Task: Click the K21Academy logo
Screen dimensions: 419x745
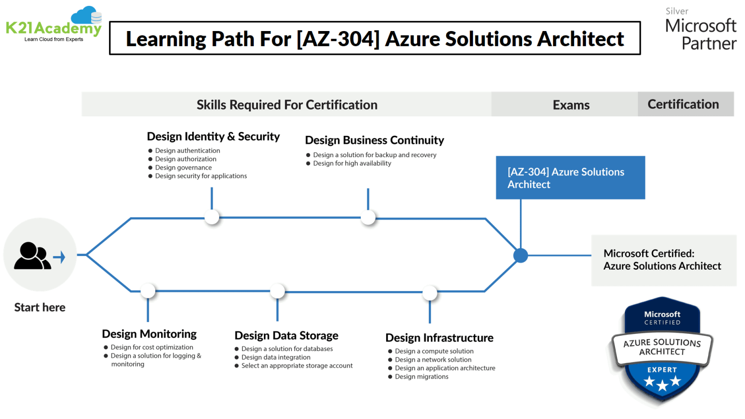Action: coord(54,25)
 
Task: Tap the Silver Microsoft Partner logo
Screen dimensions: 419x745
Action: coord(700,30)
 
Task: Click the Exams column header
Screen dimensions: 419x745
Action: coord(571,105)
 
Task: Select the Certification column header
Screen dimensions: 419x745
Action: coord(683,104)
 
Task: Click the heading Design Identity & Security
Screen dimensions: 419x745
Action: coord(213,137)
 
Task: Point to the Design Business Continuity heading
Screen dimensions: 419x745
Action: coord(374,141)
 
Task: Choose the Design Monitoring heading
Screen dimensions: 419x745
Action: coord(149,334)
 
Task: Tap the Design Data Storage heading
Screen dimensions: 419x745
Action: coord(286,336)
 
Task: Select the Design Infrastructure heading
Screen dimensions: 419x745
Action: coord(439,338)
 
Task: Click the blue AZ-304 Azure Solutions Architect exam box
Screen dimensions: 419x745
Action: coord(570,178)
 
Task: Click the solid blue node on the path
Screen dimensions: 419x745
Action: coord(520,255)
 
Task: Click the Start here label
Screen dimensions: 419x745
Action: coord(40,307)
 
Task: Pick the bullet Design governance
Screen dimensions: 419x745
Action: coord(183,168)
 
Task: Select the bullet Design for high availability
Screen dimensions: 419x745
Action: coord(352,163)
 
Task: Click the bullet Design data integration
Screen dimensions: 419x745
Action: coord(275,357)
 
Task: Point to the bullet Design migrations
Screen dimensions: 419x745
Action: coord(421,377)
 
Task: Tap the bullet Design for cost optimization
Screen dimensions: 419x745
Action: coord(152,347)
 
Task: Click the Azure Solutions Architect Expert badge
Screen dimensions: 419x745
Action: coord(662,350)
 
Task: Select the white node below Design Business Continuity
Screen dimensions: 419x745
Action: coord(368,218)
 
